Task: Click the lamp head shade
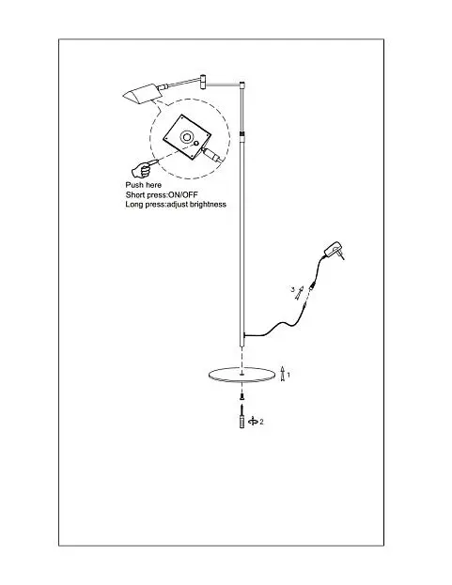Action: pyautogui.click(x=141, y=93)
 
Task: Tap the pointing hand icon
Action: pyautogui.click(x=144, y=168)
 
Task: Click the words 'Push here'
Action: pyautogui.click(x=144, y=185)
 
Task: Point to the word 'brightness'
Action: pyautogui.click(x=208, y=204)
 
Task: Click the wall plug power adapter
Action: pyautogui.click(x=335, y=250)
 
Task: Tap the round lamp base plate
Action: pyautogui.click(x=241, y=375)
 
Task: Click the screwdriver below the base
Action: pyautogui.click(x=242, y=416)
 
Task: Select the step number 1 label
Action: pyautogui.click(x=288, y=375)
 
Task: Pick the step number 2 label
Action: pyautogui.click(x=261, y=422)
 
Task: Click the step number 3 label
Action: pyautogui.click(x=292, y=289)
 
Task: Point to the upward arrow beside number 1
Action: pyautogui.click(x=283, y=374)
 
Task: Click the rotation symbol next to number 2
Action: pyautogui.click(x=254, y=422)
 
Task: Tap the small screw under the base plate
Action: pyautogui.click(x=242, y=395)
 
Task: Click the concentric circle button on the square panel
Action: pyautogui.click(x=186, y=137)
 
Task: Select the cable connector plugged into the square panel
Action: pyautogui.click(x=210, y=153)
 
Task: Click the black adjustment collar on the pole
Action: pyautogui.click(x=242, y=133)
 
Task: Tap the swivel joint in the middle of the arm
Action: pyautogui.click(x=203, y=82)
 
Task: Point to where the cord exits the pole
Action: pyautogui.click(x=245, y=335)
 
